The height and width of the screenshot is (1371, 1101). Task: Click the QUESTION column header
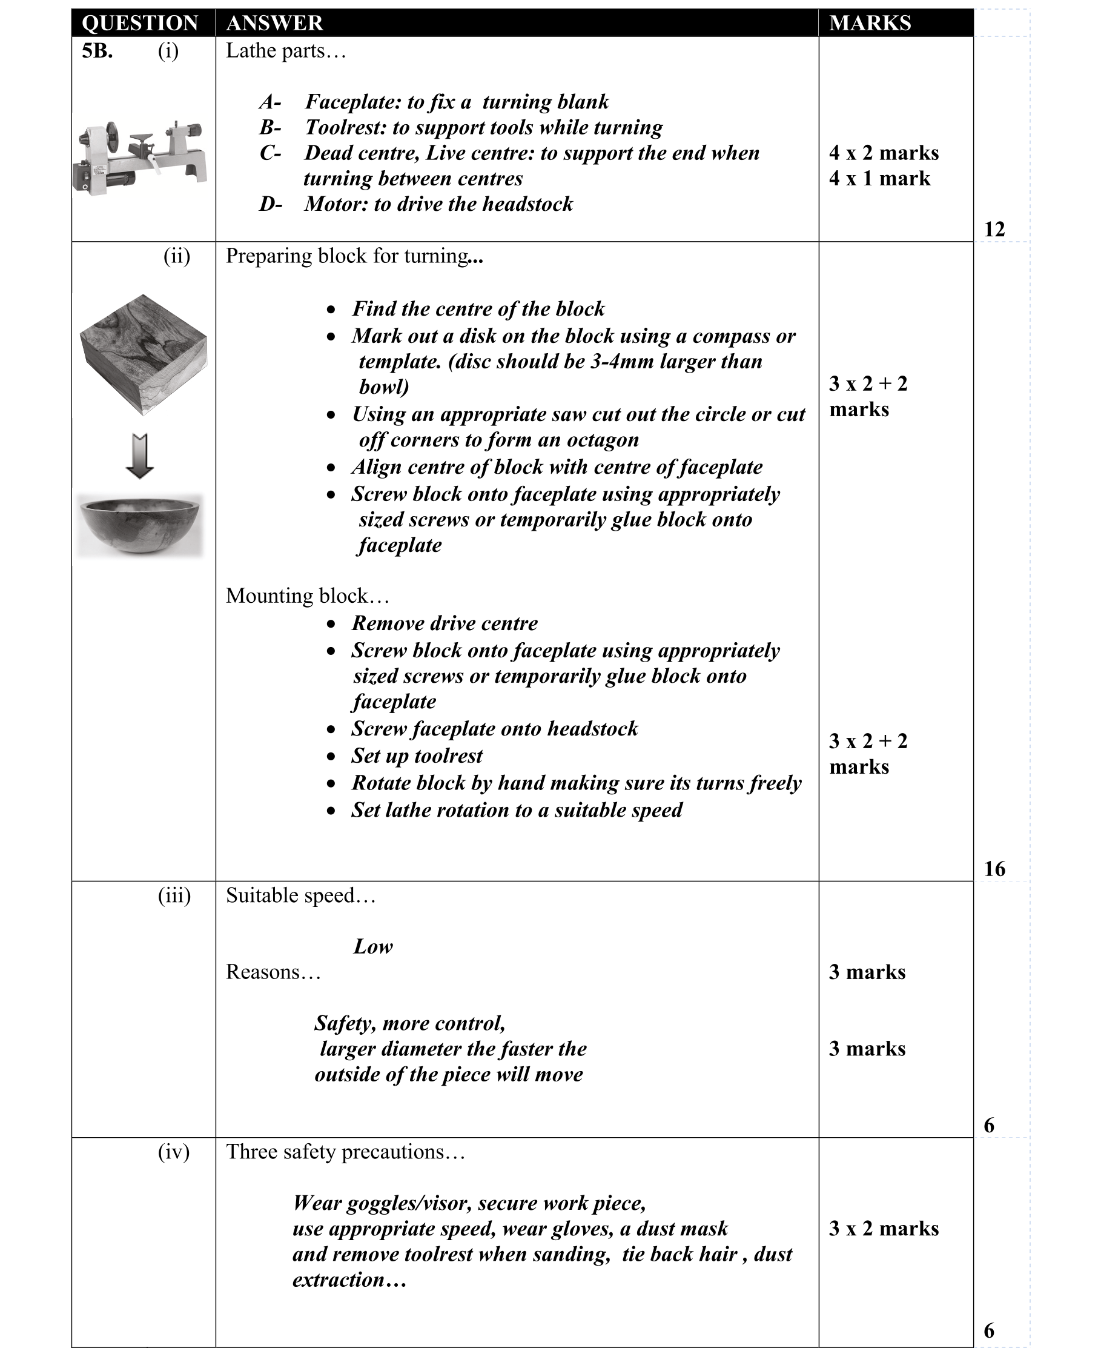coord(140,23)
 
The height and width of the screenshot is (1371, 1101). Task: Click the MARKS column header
coord(869,23)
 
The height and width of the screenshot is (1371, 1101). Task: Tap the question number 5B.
coord(98,51)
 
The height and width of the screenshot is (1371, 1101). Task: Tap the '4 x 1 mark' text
coord(879,179)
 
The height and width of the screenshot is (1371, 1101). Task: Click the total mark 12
coord(994,229)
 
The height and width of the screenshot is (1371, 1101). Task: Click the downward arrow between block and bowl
coord(140,456)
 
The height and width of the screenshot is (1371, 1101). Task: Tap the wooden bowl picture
coord(140,525)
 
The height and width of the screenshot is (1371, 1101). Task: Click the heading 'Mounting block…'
coord(307,596)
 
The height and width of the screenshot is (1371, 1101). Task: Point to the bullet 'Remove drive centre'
coord(445,623)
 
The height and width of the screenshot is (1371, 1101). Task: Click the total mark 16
coord(994,869)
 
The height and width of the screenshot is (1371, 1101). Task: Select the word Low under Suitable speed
coord(373,947)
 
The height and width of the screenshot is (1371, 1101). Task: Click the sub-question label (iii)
coord(174,896)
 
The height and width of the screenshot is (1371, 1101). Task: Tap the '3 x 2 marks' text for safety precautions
coord(883,1229)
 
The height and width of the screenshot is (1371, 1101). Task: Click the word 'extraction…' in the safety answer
coord(349,1280)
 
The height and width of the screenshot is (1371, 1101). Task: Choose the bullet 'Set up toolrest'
coord(417,756)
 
